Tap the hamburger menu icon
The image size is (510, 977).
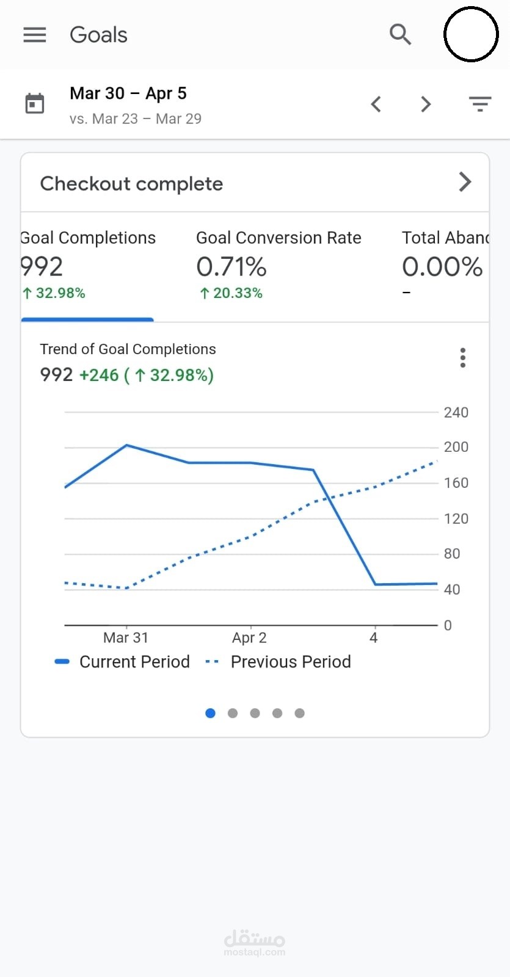tap(35, 35)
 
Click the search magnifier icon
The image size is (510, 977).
tap(400, 35)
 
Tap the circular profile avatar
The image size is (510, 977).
tap(470, 34)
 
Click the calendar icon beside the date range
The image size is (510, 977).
tap(35, 104)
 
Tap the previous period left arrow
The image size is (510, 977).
tap(376, 104)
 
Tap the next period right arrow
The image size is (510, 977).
tap(426, 104)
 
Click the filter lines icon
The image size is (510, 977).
tap(480, 104)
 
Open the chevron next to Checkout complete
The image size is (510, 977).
tap(465, 182)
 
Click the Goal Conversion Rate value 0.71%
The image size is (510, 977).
tap(231, 267)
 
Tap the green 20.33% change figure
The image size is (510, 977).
tap(232, 294)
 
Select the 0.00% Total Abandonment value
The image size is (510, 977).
tap(442, 267)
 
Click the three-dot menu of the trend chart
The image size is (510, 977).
tap(463, 358)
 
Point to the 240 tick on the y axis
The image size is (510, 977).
tap(456, 413)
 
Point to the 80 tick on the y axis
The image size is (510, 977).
tap(452, 554)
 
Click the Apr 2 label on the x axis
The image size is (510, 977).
tap(249, 638)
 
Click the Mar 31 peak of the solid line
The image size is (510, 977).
tap(126, 445)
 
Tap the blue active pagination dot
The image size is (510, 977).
tap(211, 713)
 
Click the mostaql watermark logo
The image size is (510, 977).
tap(255, 942)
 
